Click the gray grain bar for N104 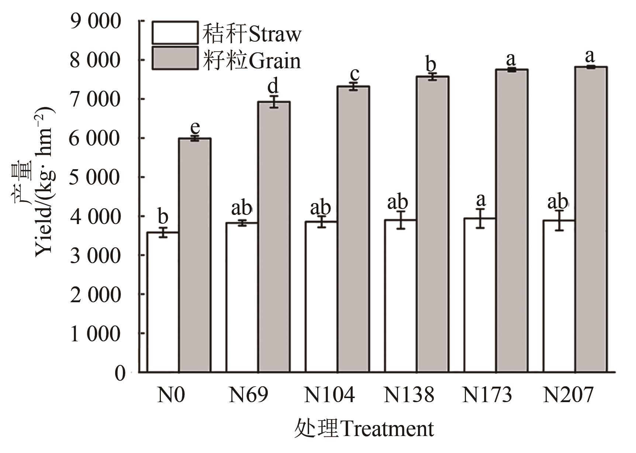click(353, 229)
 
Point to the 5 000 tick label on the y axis click(95, 178)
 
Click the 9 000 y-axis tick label click(95, 21)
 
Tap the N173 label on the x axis click(487, 395)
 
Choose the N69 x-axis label click(248, 395)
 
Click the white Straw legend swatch click(175, 33)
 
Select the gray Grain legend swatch click(175, 58)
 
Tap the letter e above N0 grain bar click(195, 128)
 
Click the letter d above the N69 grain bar click(273, 86)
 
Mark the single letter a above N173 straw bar click(481, 200)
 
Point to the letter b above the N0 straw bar click(163, 216)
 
